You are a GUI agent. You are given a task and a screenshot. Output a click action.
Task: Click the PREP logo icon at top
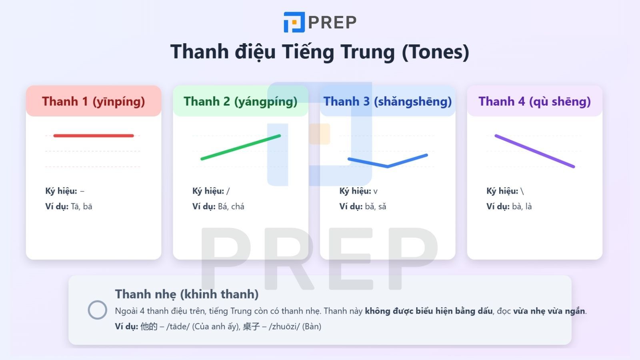pos(294,22)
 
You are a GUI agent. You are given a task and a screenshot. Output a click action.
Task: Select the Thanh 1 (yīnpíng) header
pos(93,102)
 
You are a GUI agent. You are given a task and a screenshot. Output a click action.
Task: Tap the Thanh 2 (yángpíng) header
pos(240,102)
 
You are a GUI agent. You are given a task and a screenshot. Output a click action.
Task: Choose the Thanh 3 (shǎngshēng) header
pos(387,102)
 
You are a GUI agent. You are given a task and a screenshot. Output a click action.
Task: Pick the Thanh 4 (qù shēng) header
pos(534,102)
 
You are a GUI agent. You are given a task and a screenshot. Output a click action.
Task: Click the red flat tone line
pos(93,136)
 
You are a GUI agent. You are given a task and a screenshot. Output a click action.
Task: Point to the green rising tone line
pos(240,147)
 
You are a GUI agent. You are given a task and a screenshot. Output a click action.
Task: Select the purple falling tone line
pos(534,151)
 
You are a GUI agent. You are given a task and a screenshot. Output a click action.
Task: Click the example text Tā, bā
pos(82,207)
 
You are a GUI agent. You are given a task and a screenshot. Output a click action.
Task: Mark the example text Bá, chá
pos(231,207)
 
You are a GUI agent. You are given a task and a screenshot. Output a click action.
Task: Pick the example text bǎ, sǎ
pos(376,207)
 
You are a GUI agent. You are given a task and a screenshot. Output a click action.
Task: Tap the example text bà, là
pos(522,207)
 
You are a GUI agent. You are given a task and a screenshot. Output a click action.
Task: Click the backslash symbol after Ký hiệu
pos(522,191)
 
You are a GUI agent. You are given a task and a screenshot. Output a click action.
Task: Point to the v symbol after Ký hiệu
pos(375,192)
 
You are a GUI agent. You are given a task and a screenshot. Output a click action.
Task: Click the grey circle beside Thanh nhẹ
pos(97,310)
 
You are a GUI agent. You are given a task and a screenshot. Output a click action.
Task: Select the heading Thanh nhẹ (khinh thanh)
pos(187,294)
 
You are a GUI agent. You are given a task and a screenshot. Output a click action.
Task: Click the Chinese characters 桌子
pos(251,326)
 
